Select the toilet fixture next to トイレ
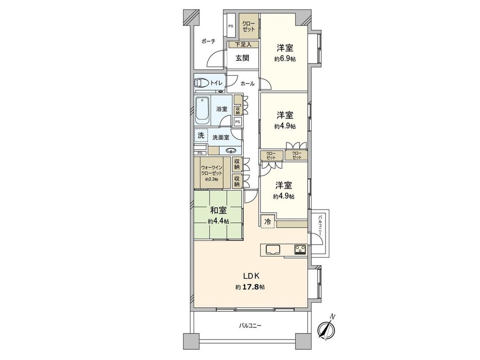coord(202,83)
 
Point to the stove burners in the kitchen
coord(300,250)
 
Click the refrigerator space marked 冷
coord(268,221)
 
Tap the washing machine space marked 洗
coord(201,135)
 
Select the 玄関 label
coord(242,58)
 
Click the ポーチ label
coord(208,41)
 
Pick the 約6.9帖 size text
coord(285,59)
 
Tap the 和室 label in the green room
coord(218,211)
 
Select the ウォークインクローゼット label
coord(212,170)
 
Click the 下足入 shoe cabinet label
coord(243,44)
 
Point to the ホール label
coord(247,84)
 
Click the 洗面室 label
coord(220,137)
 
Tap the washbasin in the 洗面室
coord(230,150)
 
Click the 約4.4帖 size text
coord(218,221)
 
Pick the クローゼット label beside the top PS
coord(249,26)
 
